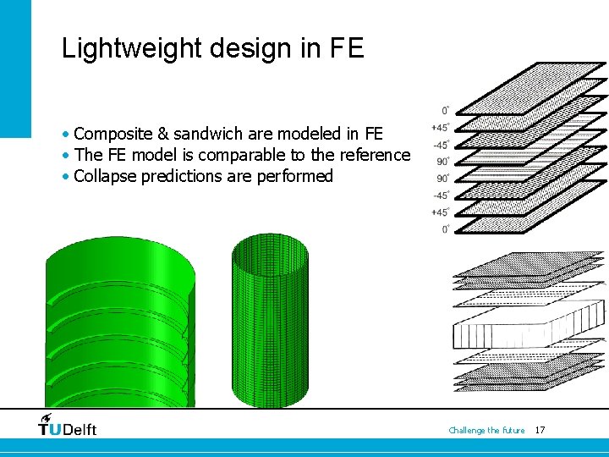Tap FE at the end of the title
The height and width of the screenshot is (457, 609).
point(345,47)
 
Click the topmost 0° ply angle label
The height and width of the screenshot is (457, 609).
point(445,110)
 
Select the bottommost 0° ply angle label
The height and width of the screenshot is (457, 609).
point(445,229)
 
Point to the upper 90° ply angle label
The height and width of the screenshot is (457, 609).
point(443,161)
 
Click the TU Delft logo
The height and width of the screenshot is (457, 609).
point(68,426)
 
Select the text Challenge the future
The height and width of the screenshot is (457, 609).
point(486,431)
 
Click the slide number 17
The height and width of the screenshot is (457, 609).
point(540,431)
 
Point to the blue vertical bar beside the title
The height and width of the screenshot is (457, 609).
point(15,68)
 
